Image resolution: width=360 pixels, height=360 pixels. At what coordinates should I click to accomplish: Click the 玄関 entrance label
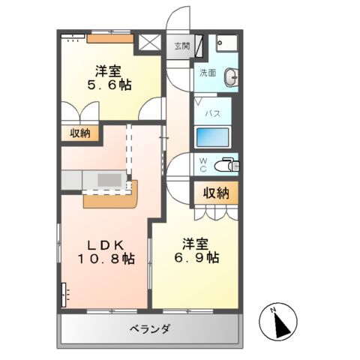182,46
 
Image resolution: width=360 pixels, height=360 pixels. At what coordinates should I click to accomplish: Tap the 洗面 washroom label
208,73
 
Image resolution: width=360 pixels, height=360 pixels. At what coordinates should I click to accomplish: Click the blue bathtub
213,137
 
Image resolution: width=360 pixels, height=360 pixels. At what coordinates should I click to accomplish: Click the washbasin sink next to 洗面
232,76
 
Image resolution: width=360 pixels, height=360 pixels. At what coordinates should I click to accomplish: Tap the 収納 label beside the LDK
80,133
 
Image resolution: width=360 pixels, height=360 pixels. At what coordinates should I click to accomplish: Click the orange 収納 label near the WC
215,193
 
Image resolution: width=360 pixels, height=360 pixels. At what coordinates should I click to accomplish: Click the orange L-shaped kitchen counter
112,198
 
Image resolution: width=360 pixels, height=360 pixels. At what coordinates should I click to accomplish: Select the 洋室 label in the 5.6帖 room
109,70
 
